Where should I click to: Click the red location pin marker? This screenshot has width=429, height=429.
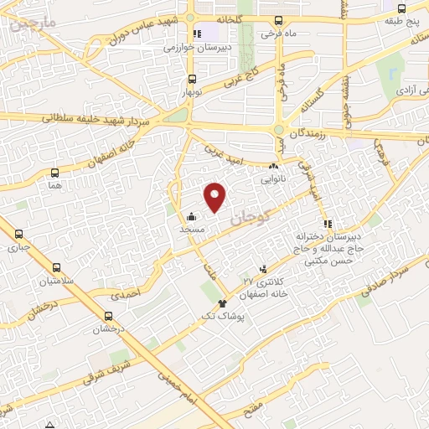[x=216, y=197]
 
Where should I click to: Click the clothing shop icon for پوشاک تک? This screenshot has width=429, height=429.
[x=222, y=303]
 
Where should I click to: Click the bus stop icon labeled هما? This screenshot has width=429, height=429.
[x=55, y=173]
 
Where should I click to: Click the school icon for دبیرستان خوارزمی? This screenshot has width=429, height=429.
[x=196, y=34]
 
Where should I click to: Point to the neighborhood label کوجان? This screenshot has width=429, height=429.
[x=251, y=219]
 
